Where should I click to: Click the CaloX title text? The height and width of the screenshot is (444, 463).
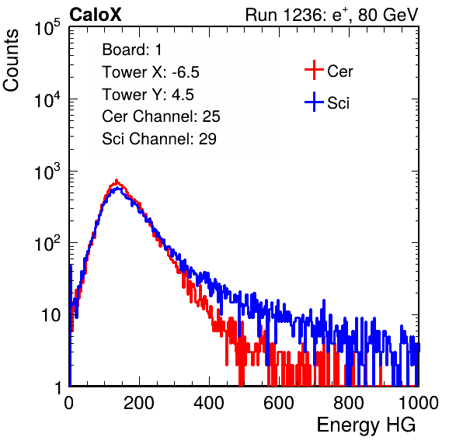(x=96, y=15)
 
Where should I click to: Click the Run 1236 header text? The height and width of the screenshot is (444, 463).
(x=332, y=15)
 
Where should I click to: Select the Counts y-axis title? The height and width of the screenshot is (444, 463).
(x=11, y=61)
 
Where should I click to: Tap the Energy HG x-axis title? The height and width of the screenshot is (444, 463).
(x=366, y=425)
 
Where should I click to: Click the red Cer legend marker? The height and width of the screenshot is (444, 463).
(x=314, y=70)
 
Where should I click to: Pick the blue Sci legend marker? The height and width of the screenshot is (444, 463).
(x=314, y=102)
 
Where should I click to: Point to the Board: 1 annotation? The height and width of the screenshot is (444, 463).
(x=132, y=50)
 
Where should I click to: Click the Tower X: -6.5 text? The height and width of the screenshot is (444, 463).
(x=151, y=72)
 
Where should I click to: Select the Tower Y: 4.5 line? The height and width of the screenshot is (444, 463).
(x=148, y=95)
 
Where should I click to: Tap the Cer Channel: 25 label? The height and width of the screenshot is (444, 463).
(x=161, y=116)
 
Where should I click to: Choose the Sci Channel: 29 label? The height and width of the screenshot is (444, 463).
(x=159, y=139)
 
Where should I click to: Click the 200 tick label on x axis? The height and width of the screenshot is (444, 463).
(x=139, y=403)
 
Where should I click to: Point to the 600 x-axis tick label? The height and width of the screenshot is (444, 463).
(x=279, y=403)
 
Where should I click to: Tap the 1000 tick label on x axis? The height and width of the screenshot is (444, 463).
(x=419, y=403)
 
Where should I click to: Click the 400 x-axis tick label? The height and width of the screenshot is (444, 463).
(x=209, y=403)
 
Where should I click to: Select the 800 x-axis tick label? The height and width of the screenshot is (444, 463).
(x=349, y=403)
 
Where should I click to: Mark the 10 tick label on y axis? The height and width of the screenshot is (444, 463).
(x=51, y=315)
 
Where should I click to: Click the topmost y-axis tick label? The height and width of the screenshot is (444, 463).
(x=47, y=27)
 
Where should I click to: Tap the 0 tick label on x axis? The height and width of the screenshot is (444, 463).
(x=68, y=403)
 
